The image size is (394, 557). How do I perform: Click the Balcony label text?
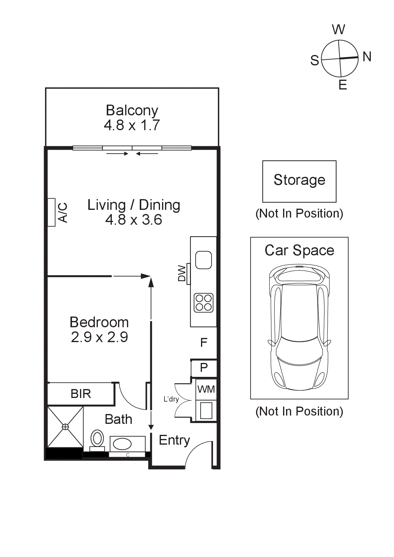coord(132,111)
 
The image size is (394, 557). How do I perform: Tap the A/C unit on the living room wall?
coord(52,212)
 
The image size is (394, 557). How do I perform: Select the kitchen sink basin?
coord(203,260)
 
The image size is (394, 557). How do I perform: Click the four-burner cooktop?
coord(203,303)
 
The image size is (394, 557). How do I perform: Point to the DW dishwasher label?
coord(182,273)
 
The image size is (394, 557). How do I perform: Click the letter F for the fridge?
coord(204,343)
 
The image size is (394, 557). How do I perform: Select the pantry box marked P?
coord(204,368)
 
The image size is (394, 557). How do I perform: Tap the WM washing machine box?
coord(206,389)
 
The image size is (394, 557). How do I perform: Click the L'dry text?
coord(171,399)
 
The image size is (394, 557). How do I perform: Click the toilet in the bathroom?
coord(97,439)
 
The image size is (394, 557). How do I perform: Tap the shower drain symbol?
coord(65,427)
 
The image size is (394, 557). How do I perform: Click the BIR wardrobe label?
coord(81,394)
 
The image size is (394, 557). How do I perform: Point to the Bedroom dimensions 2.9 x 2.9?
coord(99,337)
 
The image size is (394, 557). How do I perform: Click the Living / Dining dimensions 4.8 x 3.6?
coord(134,220)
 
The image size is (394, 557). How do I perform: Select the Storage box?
coord(299,181)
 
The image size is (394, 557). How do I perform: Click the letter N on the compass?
coord(367,56)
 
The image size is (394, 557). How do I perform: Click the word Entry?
coord(174,440)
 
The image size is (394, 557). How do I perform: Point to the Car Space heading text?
coord(299,250)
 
